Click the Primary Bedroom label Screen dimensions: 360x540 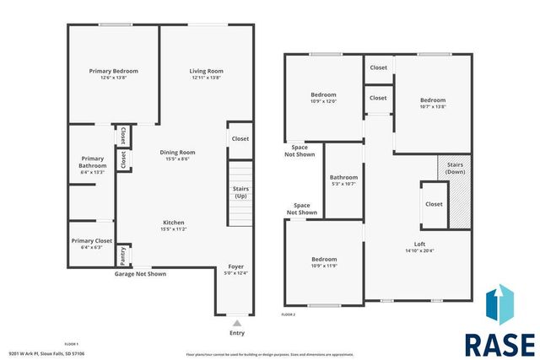[113, 72]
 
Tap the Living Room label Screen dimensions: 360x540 [206, 72]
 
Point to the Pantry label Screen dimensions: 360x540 [122, 252]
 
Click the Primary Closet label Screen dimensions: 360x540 [91, 241]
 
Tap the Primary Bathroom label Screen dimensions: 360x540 [93, 162]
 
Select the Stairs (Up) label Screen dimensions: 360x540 [240, 192]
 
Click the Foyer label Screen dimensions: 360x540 [236, 266]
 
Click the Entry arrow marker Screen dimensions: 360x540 [237, 322]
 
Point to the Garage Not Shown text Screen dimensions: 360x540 [140, 274]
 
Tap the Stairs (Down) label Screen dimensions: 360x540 [456, 168]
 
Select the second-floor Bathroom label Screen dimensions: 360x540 [343, 178]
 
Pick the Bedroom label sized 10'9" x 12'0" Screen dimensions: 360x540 [324, 94]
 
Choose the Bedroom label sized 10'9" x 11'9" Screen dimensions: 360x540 [324, 259]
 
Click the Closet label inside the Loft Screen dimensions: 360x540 [434, 204]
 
